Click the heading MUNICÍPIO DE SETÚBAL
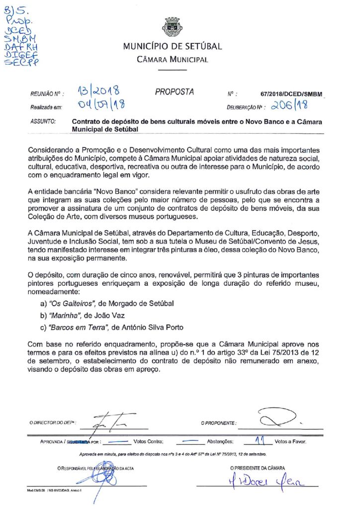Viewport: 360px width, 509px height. pyautogui.click(x=173, y=47)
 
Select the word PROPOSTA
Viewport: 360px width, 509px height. pyautogui.click(x=175, y=92)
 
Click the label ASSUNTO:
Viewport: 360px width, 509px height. pyautogui.click(x=43, y=121)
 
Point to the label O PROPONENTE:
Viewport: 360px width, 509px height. pyautogui.click(x=219, y=423)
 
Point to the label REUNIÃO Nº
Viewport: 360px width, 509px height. pyautogui.click(x=44, y=93)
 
